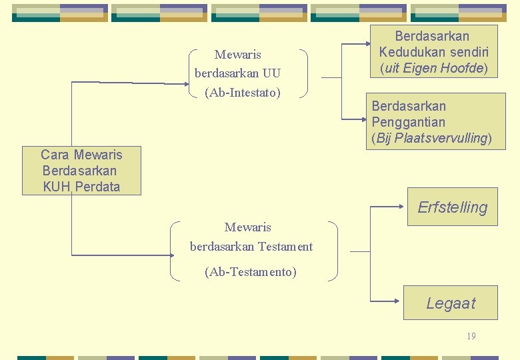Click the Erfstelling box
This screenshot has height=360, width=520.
coord(452,207)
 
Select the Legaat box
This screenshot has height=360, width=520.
coord(451,303)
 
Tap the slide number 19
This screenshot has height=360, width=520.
coord(471,336)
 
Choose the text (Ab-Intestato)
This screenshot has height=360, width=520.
coord(243,92)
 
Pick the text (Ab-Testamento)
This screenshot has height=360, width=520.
coord(251,271)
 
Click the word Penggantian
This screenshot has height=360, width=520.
coord(408,122)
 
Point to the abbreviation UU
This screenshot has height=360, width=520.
coord(272,73)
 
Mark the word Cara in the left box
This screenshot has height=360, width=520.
coord(55,155)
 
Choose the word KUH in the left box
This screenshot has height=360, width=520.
coord(56,187)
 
